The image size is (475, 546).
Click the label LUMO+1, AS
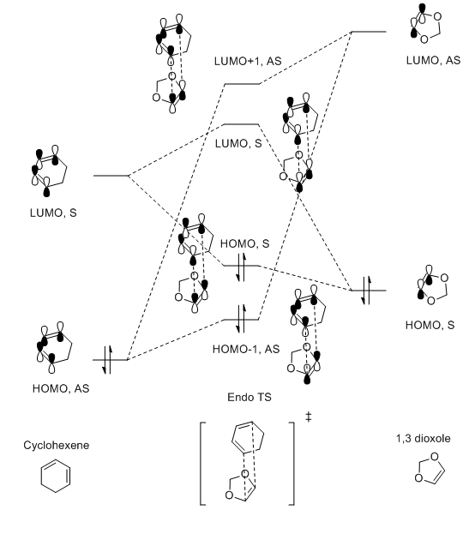248,62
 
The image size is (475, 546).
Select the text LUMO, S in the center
238,143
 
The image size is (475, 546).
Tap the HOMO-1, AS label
246,349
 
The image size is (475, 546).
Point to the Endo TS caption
250,397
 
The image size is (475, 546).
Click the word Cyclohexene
56,445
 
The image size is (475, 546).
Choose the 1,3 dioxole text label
423,438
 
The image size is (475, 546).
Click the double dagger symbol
308,417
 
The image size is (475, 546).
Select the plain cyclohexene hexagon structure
56,477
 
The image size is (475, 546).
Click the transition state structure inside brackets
247,462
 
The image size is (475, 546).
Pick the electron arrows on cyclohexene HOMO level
108,360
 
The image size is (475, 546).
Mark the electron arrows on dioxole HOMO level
366,291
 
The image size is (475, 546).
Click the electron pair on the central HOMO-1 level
241,320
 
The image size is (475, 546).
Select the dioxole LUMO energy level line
369,32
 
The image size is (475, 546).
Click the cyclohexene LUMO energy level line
111,176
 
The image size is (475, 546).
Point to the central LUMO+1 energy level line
242,84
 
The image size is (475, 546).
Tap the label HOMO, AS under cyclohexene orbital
61,388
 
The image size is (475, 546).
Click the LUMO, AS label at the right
433,61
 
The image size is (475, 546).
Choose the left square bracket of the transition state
202,464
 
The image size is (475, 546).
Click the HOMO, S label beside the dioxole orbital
430,325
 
